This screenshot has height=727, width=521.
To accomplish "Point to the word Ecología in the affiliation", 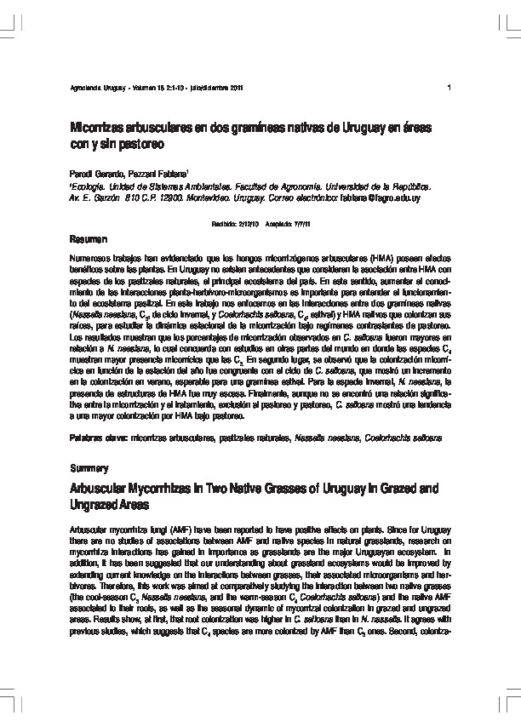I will [x=89, y=185].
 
